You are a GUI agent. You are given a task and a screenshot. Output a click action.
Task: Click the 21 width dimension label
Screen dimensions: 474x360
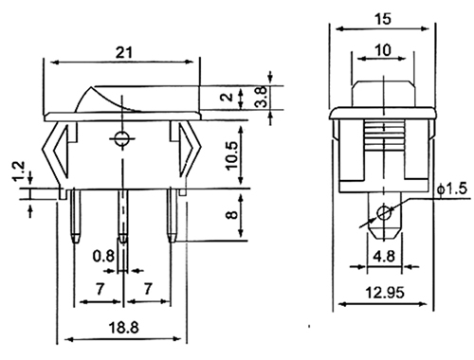(124, 52)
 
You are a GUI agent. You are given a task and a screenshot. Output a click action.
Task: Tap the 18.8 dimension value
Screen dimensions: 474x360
(123, 327)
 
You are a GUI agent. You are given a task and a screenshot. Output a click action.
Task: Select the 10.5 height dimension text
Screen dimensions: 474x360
(232, 155)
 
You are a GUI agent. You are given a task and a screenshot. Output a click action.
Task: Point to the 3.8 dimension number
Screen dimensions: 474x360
(263, 97)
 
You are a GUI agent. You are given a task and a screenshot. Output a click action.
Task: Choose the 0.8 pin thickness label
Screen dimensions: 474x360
(103, 256)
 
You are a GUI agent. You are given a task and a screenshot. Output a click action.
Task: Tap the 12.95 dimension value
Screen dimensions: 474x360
(385, 293)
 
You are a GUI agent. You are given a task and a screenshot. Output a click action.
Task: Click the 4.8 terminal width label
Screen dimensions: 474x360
(384, 256)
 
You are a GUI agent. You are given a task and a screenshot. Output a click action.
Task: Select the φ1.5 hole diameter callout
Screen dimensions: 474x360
(452, 189)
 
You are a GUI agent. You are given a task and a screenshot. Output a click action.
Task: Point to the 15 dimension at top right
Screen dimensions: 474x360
(383, 19)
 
